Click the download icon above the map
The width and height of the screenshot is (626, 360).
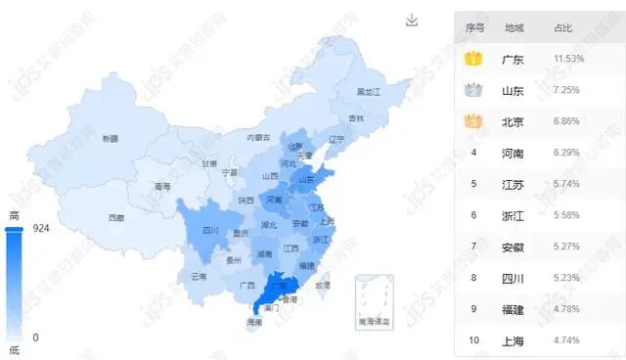(412, 21)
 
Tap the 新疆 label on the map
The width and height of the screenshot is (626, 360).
(110, 139)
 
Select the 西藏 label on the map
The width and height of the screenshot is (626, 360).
(116, 217)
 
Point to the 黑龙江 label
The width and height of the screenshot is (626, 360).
(368, 91)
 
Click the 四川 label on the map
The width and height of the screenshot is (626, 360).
(210, 231)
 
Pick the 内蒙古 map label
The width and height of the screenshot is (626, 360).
(258, 138)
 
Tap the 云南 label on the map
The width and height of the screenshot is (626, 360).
(199, 277)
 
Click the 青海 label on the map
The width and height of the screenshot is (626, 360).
(162, 186)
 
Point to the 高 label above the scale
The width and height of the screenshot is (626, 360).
(14, 215)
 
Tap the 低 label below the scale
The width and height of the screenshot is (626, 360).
(14, 348)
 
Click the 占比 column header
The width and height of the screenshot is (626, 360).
(563, 27)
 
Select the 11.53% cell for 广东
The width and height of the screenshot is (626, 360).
(568, 60)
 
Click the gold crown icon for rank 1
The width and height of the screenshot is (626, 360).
(474, 60)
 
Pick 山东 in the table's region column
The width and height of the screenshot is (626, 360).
(513, 91)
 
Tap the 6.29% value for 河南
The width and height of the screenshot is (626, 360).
(568, 153)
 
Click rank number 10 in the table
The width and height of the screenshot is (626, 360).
(474, 340)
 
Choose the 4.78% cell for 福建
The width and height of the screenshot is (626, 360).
(568, 309)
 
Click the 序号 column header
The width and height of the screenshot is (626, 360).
(475, 27)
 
